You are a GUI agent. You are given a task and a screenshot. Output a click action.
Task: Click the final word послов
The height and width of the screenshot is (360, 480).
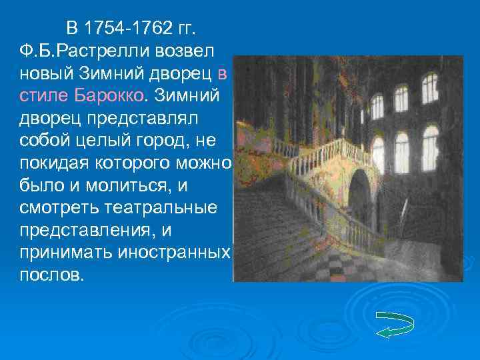point(51,275)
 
